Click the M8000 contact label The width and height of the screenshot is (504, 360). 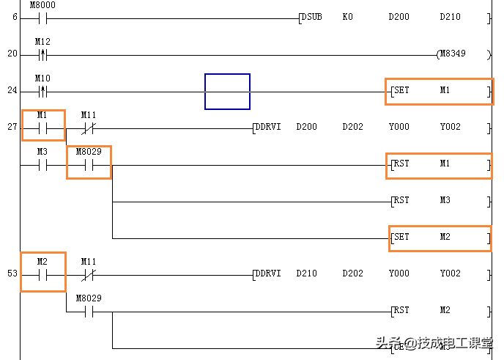click(x=43, y=5)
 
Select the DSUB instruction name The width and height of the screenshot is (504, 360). click(x=312, y=16)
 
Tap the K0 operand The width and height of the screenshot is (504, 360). click(x=347, y=16)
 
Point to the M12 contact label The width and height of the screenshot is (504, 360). click(x=42, y=41)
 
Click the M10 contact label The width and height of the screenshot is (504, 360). click(x=42, y=78)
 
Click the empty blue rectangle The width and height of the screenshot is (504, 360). click(x=227, y=91)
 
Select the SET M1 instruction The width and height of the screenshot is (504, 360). click(x=439, y=91)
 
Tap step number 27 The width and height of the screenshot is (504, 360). click(x=12, y=127)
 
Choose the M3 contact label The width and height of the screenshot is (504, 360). click(x=42, y=152)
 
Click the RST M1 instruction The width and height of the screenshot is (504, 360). click(x=439, y=164)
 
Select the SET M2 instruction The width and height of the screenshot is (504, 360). click(x=440, y=237)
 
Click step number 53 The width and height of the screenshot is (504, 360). click(x=12, y=273)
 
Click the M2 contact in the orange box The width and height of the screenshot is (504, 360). click(x=42, y=271)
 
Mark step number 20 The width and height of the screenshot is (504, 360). click(x=12, y=54)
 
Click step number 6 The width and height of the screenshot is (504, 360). click(x=15, y=17)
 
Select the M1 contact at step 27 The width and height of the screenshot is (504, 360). click(x=43, y=125)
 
